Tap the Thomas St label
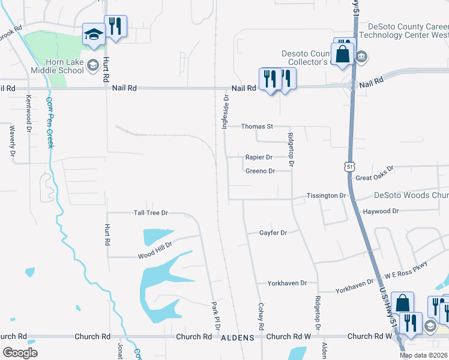[257, 127]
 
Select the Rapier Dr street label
[259, 157]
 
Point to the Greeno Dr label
[260, 171]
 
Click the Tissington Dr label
[327, 196]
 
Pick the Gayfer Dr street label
[273, 233]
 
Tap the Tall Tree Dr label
[150, 213]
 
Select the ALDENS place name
[238, 338]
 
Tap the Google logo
[20, 352]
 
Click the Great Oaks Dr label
[374, 174]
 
